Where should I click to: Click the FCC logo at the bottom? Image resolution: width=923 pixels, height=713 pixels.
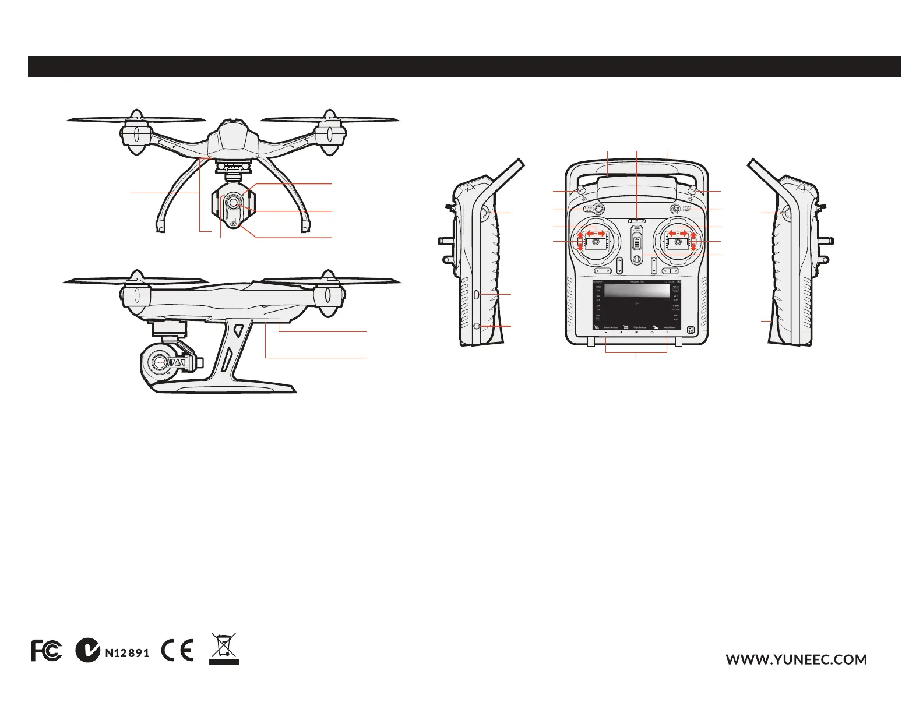pos(47,651)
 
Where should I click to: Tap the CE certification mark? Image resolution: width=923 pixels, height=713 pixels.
pos(178,651)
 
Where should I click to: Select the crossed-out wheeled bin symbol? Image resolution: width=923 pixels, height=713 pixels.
pos(224,648)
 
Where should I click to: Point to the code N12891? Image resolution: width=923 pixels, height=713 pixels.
pos(127,653)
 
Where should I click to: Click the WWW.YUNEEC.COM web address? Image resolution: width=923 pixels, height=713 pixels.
pos(796,659)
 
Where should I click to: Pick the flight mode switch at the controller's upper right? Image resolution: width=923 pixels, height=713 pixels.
pos(675,208)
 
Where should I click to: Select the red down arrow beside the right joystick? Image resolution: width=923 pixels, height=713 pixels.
pos(693,248)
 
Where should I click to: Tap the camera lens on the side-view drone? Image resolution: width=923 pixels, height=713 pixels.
pos(157,362)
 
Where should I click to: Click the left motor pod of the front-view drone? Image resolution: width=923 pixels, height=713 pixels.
pos(135,133)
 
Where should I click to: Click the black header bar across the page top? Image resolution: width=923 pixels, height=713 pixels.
pos(464,66)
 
